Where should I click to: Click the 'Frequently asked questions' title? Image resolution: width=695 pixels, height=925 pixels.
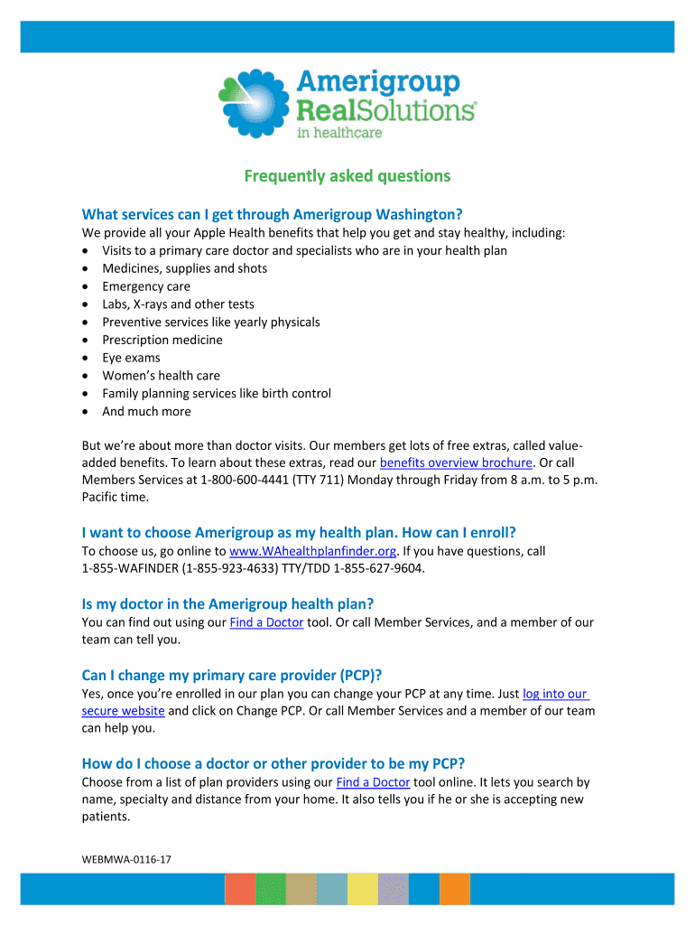pyautogui.click(x=347, y=175)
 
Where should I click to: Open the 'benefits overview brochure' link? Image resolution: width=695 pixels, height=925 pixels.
pyautogui.click(x=456, y=462)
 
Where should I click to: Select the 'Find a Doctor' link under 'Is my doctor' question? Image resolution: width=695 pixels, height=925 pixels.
pyautogui.click(x=266, y=622)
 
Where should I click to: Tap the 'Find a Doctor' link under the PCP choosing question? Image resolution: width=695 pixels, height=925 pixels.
pyautogui.click(x=372, y=782)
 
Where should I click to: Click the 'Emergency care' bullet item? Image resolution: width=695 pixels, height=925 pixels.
pyautogui.click(x=146, y=286)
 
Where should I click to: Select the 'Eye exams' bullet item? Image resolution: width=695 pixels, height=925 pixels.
pyautogui.click(x=131, y=358)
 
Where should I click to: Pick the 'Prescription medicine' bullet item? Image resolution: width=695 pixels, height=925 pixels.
pyautogui.click(x=162, y=340)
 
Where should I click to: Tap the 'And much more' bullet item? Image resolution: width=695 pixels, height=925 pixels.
pyautogui.click(x=146, y=411)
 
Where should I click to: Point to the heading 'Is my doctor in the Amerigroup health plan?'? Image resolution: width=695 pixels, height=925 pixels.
pyautogui.click(x=227, y=603)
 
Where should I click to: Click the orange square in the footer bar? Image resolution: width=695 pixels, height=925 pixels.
pyautogui.click(x=454, y=889)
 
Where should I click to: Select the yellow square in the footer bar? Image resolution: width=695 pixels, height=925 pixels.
pyautogui.click(x=362, y=889)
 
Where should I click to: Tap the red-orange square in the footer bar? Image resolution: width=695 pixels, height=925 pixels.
pyautogui.click(x=240, y=889)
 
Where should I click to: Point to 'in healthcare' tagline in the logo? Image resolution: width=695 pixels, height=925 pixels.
pyautogui.click(x=339, y=133)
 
